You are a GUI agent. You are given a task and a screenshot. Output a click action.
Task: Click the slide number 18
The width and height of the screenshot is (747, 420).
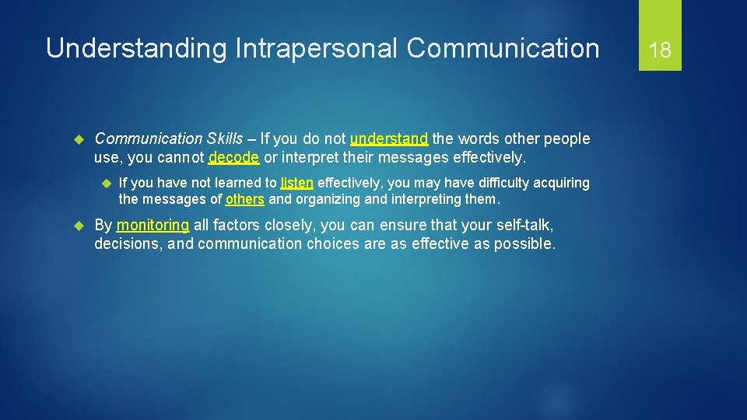(660, 51)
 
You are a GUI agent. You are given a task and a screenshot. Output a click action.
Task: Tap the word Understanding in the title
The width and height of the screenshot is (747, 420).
(136, 48)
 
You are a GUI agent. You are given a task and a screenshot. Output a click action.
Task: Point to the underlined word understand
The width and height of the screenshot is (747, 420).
(389, 139)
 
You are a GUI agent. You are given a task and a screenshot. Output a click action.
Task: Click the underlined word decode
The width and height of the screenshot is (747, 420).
(233, 157)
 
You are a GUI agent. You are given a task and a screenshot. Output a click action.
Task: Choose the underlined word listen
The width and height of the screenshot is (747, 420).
(297, 183)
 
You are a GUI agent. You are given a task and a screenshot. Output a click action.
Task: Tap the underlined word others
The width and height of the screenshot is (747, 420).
(244, 199)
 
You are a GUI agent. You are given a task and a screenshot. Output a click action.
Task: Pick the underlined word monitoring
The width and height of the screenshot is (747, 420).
(153, 226)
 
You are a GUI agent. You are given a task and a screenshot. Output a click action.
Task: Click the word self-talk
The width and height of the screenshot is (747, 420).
(525, 226)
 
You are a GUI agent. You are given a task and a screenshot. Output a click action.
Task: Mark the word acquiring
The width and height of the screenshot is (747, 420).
(561, 183)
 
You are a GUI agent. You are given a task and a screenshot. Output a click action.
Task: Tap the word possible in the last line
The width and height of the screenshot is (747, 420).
(525, 243)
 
